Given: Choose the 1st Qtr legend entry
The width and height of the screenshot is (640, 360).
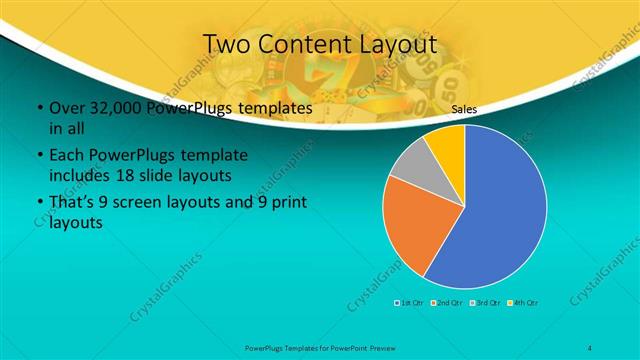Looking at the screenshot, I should (411, 301).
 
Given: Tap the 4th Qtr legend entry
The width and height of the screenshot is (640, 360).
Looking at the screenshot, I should (523, 301).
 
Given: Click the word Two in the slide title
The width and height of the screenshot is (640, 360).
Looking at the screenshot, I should (226, 45).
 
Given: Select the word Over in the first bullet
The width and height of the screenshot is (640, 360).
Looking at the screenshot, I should (66, 108).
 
